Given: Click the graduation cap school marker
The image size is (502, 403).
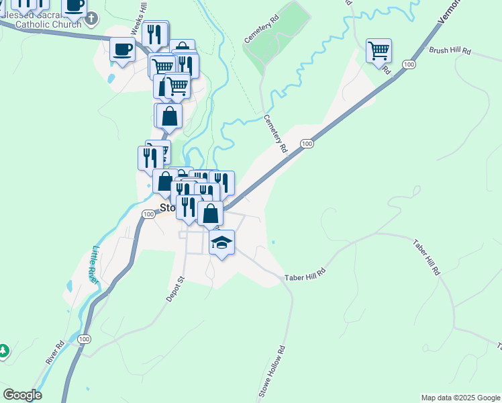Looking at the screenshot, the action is click(222, 242).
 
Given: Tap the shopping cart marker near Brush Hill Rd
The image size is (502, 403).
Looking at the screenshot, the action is click(379, 50).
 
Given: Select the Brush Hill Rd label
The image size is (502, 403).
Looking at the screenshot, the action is click(450, 50).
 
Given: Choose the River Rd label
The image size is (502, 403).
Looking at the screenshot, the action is click(55, 353).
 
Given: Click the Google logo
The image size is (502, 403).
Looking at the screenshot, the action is click(22, 395).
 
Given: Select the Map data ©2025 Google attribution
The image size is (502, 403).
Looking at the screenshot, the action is click(460, 398).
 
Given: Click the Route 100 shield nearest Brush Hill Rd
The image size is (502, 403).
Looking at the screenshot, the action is click(409, 64).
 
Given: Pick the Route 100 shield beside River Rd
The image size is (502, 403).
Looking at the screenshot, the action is click(84, 339).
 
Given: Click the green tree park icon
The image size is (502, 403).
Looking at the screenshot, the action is click(3, 351).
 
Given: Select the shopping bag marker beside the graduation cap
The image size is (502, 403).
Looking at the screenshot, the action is click(211, 214).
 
